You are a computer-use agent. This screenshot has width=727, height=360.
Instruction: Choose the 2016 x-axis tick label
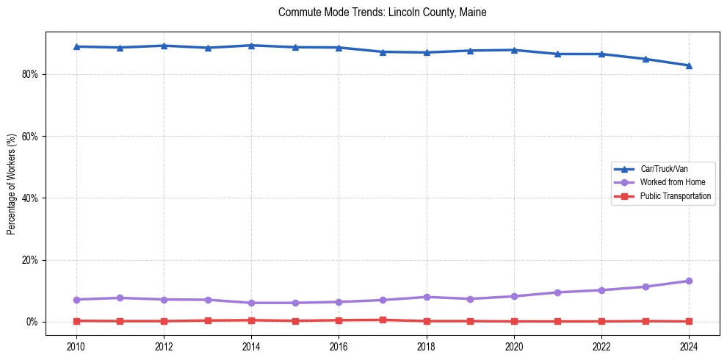pyautogui.click(x=339, y=346)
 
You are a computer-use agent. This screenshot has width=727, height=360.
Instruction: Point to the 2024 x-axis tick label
pyautogui.click(x=689, y=346)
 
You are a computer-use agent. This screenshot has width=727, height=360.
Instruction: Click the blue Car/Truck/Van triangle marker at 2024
pyautogui.click(x=689, y=65)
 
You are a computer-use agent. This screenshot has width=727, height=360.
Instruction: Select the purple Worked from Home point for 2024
pyautogui.click(x=689, y=281)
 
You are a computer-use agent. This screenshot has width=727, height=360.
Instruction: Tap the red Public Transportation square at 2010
pyautogui.click(x=76, y=321)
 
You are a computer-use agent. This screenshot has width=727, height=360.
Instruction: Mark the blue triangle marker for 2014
pyautogui.click(x=251, y=46)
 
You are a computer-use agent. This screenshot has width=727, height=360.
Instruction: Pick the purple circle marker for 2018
pyautogui.click(x=427, y=297)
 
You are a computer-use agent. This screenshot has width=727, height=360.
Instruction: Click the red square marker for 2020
pyautogui.click(x=514, y=321)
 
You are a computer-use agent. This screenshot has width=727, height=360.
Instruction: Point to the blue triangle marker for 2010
pyautogui.click(x=76, y=46)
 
